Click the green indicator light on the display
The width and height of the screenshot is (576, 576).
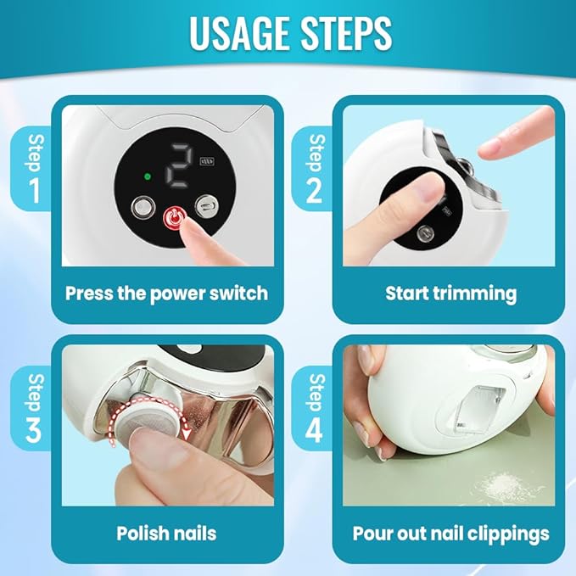(x=147, y=176)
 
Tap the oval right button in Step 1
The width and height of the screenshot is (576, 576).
(x=206, y=204)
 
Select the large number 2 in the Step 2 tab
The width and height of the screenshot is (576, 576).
(x=314, y=191)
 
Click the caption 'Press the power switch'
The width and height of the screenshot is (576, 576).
(x=166, y=294)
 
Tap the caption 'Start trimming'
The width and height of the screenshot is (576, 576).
(x=450, y=294)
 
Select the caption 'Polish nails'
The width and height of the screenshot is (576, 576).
(x=166, y=534)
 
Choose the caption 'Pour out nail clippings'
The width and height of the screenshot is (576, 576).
(x=450, y=534)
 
